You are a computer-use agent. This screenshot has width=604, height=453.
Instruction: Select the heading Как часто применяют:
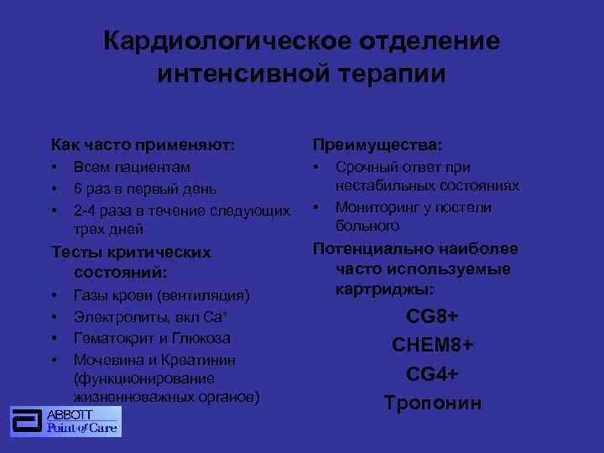click(x=143, y=145)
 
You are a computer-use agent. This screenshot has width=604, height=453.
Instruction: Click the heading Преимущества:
click(x=377, y=145)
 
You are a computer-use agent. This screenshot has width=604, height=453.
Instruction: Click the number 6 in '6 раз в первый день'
click(x=78, y=188)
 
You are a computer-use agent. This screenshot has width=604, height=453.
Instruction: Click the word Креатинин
click(x=197, y=360)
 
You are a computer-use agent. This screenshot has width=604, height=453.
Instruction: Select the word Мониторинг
click(x=377, y=207)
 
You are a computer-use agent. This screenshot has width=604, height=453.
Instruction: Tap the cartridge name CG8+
click(x=432, y=316)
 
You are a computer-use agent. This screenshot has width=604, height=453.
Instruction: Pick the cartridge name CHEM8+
click(x=432, y=346)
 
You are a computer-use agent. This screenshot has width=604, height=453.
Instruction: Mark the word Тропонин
click(x=432, y=403)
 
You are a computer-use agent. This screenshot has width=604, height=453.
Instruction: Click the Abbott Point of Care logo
click(x=65, y=421)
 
